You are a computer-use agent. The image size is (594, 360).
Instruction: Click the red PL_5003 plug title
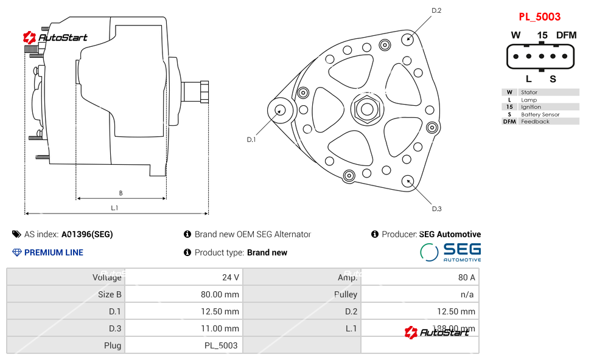[x=539, y=17]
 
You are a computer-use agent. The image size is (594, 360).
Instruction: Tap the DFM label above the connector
[x=566, y=35]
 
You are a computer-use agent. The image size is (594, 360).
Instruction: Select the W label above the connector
[x=515, y=35]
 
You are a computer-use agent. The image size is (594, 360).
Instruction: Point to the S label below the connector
[x=553, y=78]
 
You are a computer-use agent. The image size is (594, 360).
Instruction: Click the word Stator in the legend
[x=529, y=92]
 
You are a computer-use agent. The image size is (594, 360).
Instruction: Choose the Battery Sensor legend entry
[x=540, y=114]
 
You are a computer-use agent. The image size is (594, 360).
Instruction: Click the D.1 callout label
[x=251, y=140]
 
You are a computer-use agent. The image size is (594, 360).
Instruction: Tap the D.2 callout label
[x=436, y=10]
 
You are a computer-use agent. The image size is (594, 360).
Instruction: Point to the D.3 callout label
[x=436, y=209]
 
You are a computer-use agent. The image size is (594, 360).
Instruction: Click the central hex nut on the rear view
[x=366, y=109]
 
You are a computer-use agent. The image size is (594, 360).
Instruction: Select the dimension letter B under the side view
[x=121, y=193]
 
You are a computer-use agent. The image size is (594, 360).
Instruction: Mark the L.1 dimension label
[x=114, y=208]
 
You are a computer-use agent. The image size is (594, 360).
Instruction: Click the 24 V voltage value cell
[x=231, y=277]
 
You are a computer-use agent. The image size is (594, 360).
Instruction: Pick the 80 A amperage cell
[x=467, y=277]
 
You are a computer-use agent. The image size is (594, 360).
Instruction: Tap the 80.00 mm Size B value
[x=220, y=294]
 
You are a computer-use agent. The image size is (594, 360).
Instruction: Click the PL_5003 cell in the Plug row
[x=221, y=345]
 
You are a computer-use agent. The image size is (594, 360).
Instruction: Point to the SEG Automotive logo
[x=451, y=252]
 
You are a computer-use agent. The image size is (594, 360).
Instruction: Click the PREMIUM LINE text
[x=54, y=252]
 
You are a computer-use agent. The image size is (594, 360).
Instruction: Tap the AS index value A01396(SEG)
[x=87, y=234]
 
